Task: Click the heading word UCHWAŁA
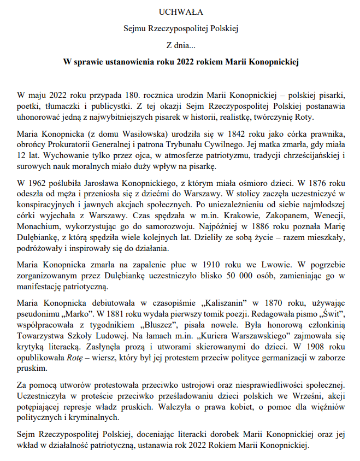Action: (180, 11)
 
